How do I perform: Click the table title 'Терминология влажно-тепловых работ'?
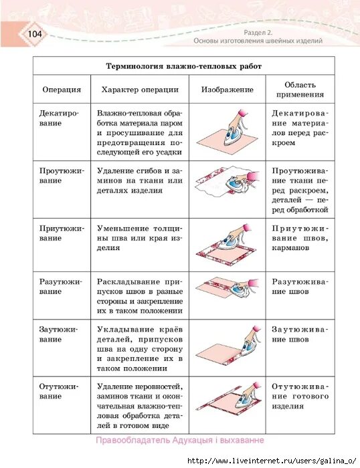pos(184,66)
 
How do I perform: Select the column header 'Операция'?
pos(62,90)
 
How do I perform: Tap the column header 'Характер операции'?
pos(140,90)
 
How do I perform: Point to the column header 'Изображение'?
pos(227,90)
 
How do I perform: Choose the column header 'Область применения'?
pos(300,90)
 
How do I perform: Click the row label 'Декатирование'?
pos(60,119)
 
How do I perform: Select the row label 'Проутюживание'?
pos(62,176)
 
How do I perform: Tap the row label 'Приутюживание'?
pos(62,233)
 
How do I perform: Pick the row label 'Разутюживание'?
pos(62,287)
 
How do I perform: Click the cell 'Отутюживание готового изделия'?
pos(300,396)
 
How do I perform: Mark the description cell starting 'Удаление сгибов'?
pos(140,181)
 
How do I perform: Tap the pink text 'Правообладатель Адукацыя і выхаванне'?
pos(180,441)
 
